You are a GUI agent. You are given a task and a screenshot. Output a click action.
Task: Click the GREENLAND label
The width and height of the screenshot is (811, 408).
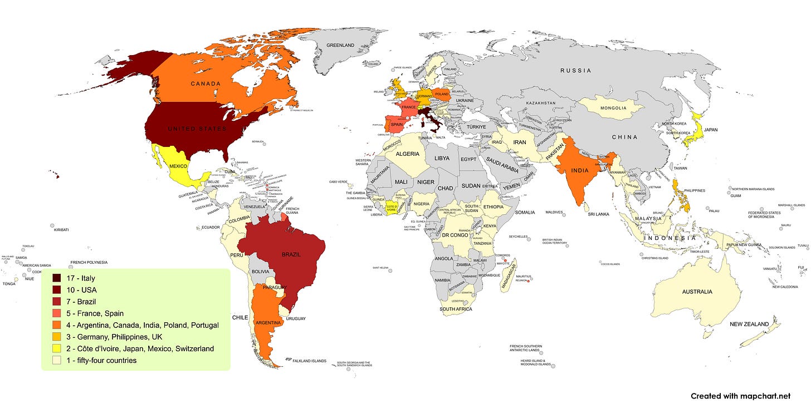pos(340,46)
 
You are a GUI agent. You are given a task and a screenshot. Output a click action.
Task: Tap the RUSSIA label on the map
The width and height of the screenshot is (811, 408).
pos(575,71)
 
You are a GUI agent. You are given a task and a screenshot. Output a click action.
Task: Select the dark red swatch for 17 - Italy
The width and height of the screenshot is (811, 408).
pos(57,278)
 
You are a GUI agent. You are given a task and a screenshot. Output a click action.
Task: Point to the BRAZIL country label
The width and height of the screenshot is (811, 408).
pos(291,254)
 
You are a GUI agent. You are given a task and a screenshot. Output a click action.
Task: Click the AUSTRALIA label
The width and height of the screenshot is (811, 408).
pos(697,292)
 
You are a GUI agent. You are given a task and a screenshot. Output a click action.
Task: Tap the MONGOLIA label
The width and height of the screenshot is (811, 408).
pos(613,108)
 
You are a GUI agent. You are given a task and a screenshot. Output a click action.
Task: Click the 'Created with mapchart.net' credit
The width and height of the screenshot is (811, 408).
pos(740,396)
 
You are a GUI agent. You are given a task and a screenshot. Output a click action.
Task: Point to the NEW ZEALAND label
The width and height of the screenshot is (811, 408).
pos(749,324)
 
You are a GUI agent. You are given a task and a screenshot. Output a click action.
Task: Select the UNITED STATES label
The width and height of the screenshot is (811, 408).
pos(198,129)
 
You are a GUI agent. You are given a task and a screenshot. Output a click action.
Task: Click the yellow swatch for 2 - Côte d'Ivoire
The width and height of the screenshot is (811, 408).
pos(57,348)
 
